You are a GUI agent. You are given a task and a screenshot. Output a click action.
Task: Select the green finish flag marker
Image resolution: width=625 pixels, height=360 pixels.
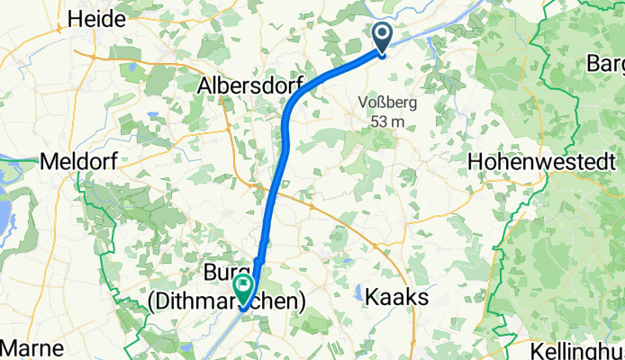pos(243,287)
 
